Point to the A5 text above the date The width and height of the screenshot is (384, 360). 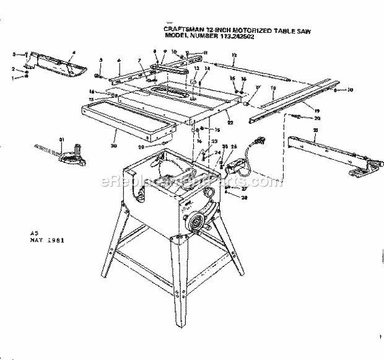point(34,232)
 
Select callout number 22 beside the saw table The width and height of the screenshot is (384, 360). point(229,123)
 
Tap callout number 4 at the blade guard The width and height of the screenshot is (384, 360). point(73,53)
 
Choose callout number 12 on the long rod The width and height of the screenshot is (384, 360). point(233,55)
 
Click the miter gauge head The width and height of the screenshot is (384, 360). point(72,157)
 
